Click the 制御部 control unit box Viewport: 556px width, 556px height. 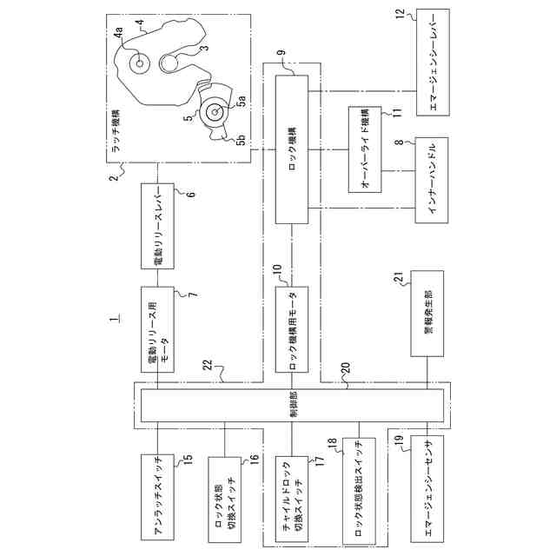[291, 405]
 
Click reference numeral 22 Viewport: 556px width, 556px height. [208, 370]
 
